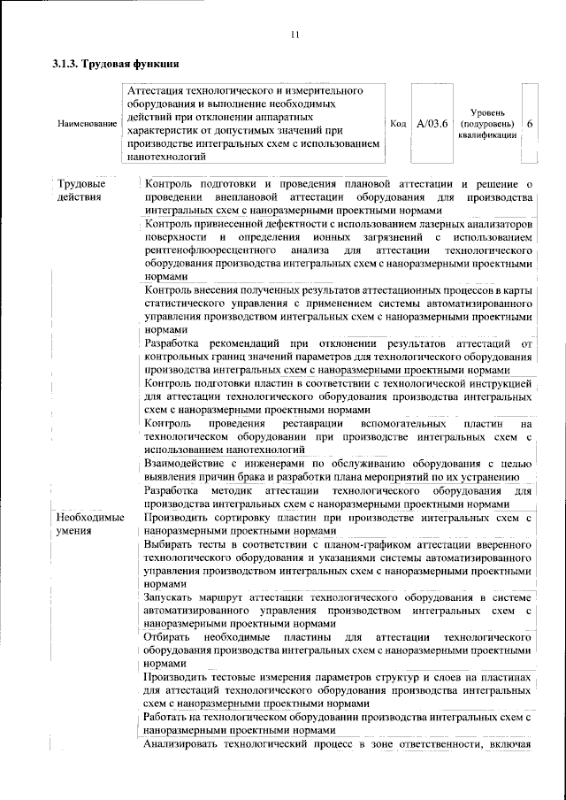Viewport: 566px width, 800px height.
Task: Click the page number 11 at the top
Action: click(x=295, y=35)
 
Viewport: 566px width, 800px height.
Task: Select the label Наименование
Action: click(x=87, y=124)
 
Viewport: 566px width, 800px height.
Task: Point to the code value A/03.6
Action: click(x=432, y=124)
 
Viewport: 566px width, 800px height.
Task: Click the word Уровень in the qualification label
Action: click(x=487, y=112)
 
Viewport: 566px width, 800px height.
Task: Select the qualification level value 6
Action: click(x=529, y=124)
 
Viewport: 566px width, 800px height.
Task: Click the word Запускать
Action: click(x=172, y=597)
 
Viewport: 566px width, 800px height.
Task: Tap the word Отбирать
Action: click(x=168, y=637)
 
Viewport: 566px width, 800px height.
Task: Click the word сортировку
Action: click(x=250, y=516)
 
